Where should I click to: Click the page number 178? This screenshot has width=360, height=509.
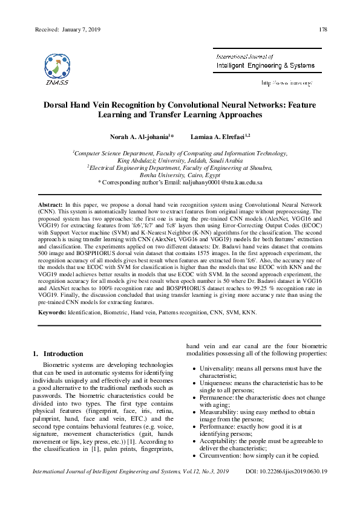[x=322, y=30]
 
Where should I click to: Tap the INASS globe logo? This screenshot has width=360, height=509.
[x=57, y=66]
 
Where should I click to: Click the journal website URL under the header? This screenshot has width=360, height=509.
[x=286, y=82]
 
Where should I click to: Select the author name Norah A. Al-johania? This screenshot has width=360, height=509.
[x=141, y=137]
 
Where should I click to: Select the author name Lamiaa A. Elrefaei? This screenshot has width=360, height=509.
[x=215, y=137]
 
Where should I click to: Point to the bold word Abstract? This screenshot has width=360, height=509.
[x=50, y=206]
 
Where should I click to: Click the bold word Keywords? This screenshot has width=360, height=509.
[x=52, y=313]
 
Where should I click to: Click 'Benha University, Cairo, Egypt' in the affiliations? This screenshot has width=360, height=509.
[x=180, y=174]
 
